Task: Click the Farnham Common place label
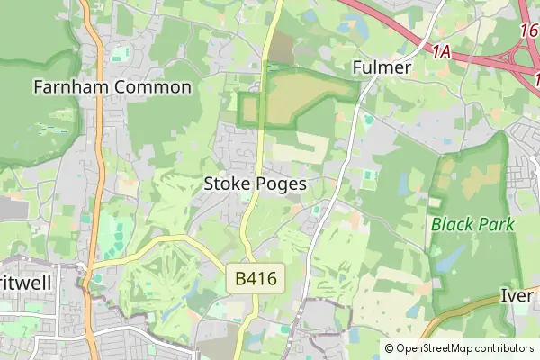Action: click(112, 87)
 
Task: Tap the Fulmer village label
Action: click(382, 67)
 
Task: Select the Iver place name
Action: click(518, 295)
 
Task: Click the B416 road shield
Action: click(256, 280)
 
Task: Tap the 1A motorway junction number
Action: click(440, 51)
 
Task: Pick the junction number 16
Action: click(530, 31)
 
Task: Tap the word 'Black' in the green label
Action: click(452, 224)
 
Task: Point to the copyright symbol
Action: click(389, 348)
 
